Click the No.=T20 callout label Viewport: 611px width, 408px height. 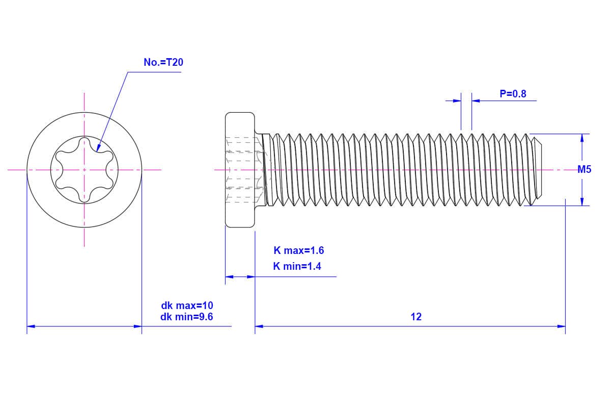(163, 62)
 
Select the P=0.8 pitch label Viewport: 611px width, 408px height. (512, 94)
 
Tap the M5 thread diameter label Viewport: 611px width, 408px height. (585, 170)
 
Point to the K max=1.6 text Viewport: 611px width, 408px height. (298, 250)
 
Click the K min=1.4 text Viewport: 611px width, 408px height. (297, 266)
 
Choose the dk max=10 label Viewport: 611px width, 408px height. (187, 306)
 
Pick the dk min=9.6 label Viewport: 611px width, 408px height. (187, 317)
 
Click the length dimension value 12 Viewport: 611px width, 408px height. (416, 317)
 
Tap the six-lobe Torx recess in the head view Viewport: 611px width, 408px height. (84, 169)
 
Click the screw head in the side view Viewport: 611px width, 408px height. (240, 170)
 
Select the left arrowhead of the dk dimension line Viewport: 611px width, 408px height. (31, 326)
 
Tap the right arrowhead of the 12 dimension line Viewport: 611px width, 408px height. (562, 326)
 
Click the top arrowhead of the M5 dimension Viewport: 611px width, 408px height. (582, 137)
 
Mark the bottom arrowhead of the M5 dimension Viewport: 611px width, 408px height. (582, 202)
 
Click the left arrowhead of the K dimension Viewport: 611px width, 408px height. (229, 277)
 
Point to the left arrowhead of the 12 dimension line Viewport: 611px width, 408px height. (259, 326)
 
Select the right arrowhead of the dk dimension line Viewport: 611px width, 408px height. (137, 326)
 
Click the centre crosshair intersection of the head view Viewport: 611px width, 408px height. (84, 169)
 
